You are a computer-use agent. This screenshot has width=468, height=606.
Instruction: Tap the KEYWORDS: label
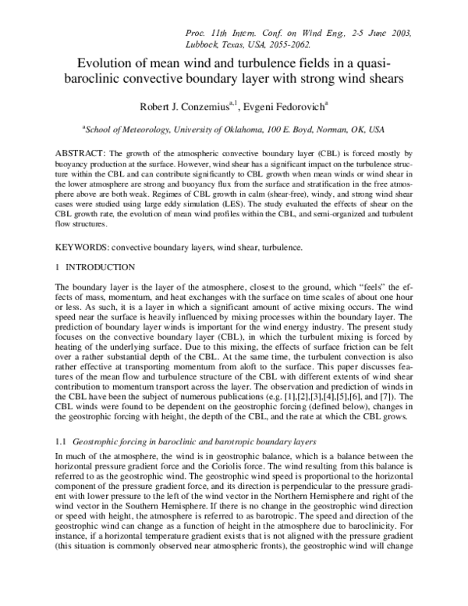pyautogui.click(x=83, y=248)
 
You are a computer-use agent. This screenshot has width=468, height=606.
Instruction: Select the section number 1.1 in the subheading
pyautogui.click(x=63, y=440)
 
